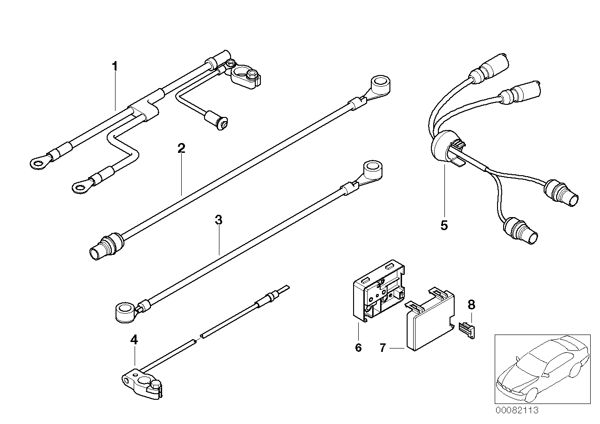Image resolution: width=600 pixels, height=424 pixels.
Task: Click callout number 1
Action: pos(114,66)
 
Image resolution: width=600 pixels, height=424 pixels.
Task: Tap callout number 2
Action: pos(181,149)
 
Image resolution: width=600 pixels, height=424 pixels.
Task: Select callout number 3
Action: pos(218,220)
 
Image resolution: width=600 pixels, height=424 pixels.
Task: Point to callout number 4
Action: pos(134,340)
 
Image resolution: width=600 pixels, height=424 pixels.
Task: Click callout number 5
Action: pos(443,226)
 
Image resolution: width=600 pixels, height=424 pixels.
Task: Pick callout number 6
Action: pos(358,348)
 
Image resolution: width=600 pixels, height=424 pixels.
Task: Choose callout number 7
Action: pos(382,348)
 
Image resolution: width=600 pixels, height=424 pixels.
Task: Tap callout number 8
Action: pos(471,305)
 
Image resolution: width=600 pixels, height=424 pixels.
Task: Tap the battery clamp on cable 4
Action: pos(142,383)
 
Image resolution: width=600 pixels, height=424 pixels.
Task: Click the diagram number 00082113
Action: pos(517,410)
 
